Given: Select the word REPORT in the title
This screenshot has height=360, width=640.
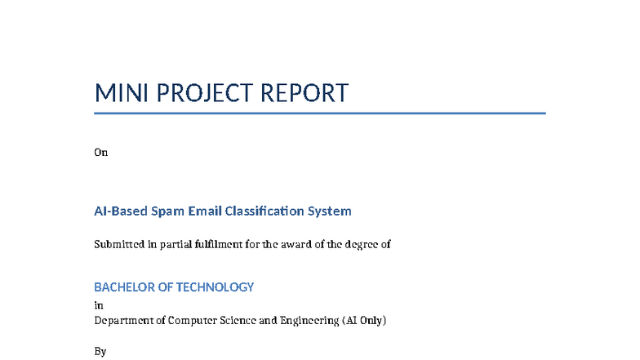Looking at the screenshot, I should point(304,93).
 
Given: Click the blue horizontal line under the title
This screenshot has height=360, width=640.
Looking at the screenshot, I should point(319,113).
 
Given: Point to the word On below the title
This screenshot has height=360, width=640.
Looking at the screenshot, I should point(101,152).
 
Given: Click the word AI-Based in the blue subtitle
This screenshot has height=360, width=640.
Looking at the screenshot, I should point(120,211).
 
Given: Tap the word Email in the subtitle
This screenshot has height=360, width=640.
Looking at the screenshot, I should point(206,211).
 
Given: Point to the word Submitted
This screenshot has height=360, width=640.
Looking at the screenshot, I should point(120,244).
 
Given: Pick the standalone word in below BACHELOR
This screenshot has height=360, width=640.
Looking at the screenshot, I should point(99,305).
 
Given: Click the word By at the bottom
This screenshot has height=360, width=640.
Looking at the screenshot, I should point(100,352).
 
